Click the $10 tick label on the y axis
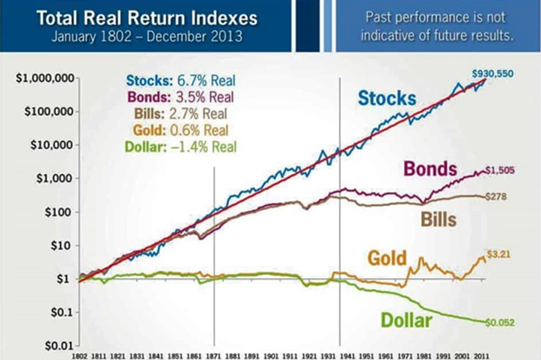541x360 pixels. point(63,245)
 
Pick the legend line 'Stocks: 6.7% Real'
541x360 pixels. point(181,81)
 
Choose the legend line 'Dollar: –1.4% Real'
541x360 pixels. point(181,146)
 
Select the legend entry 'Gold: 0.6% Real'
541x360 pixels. point(181,130)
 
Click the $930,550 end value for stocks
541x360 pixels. point(492,74)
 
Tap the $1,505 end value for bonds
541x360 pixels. point(500,170)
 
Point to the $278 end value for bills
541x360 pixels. point(497,197)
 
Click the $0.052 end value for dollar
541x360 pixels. point(499,323)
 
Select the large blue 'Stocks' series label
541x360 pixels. point(387,98)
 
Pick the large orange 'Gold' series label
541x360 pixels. point(387,257)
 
